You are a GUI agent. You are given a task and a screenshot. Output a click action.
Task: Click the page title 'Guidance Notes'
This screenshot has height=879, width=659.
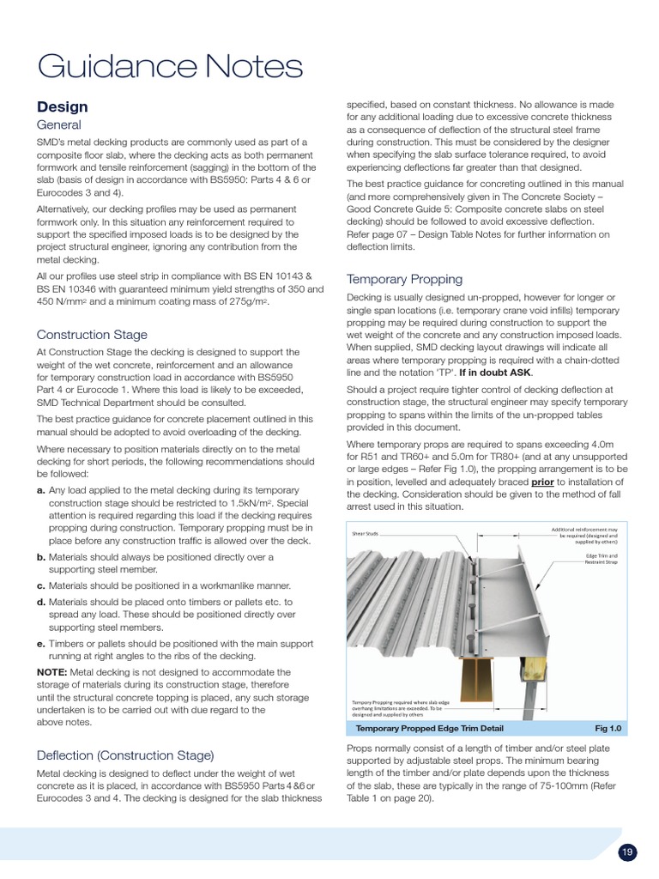169,66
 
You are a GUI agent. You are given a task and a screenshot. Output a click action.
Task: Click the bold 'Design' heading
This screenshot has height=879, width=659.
62,107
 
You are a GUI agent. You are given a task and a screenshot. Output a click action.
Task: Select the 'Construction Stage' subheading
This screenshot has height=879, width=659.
92,335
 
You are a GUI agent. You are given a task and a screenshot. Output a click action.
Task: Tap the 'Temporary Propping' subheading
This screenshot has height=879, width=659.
404,279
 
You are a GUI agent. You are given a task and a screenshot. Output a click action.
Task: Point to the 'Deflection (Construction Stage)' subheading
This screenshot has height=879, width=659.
124,755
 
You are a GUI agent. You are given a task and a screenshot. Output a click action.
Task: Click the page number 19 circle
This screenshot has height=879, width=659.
627,852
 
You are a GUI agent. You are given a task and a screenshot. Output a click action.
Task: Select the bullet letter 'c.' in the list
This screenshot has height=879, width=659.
41,585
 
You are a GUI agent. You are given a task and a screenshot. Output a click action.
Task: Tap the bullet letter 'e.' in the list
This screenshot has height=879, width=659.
41,644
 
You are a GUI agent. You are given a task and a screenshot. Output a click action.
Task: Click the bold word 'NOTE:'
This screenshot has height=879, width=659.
56,672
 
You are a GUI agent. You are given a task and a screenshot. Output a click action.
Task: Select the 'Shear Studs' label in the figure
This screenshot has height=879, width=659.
365,533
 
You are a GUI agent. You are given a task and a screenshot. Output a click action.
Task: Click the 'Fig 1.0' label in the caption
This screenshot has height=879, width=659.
607,728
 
